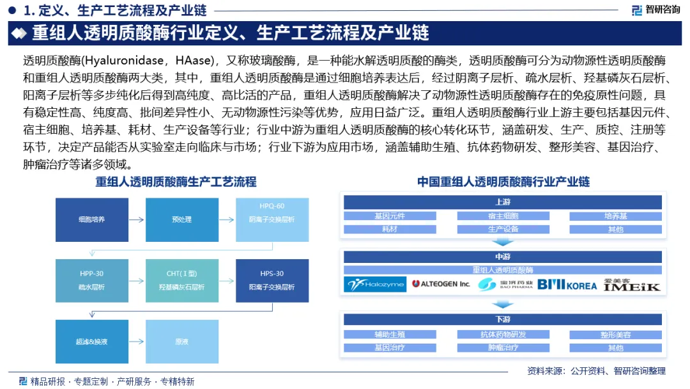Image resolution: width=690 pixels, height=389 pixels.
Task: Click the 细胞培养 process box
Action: tap(92, 219)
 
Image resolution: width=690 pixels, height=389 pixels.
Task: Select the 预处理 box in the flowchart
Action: tap(182, 219)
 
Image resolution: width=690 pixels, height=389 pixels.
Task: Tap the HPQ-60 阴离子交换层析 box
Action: tap(272, 214)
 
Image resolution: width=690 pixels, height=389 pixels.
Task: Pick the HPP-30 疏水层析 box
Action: tap(92, 281)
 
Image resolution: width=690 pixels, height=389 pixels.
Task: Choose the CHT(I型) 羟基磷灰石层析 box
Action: tap(182, 281)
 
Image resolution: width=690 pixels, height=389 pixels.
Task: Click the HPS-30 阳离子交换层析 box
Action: tap(272, 281)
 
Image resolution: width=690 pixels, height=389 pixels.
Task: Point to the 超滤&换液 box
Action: tap(92, 342)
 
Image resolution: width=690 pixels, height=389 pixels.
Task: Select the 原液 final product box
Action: tap(182, 342)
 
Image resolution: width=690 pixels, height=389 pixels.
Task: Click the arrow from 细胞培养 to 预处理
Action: tap(137, 219)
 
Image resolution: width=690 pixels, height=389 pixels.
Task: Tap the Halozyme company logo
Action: tap(375, 283)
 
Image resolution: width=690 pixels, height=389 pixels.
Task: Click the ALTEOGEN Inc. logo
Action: tap(441, 283)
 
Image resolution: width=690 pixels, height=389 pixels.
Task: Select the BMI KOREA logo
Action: tap(567, 283)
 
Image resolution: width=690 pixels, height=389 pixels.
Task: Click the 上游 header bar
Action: tap(503, 202)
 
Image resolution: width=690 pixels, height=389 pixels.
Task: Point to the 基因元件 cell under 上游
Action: tap(390, 216)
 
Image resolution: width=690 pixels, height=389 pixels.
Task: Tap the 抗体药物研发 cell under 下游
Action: tap(503, 335)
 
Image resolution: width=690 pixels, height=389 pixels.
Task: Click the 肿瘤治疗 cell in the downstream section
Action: tap(503, 348)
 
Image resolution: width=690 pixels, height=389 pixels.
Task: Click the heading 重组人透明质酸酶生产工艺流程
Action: tap(176, 182)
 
